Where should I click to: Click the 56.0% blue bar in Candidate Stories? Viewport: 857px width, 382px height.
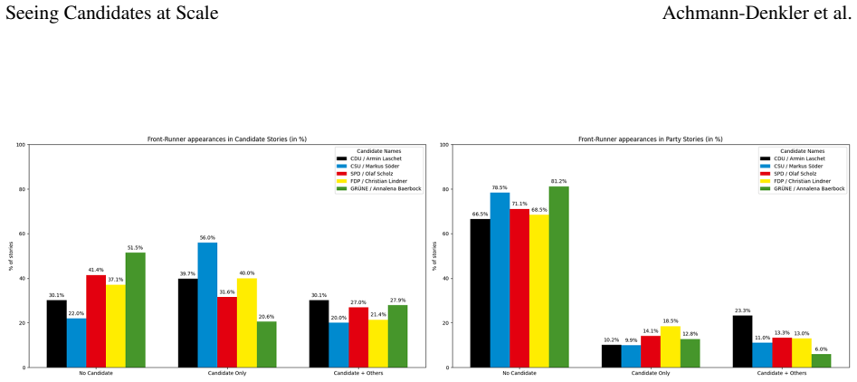tap(207, 305)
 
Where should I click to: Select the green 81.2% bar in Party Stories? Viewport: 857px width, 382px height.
tap(558, 277)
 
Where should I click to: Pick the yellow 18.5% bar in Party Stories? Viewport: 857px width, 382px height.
tap(671, 347)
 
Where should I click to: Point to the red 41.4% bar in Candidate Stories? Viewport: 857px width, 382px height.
tap(96, 321)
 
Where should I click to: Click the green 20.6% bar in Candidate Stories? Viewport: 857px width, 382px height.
tap(266, 344)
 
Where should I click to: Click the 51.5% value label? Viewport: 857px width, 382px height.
tap(135, 247)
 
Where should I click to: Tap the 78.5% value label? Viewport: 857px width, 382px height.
tap(500, 187)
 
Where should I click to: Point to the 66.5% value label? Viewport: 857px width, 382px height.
tap(480, 215)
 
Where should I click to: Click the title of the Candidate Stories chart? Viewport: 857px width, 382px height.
tap(227, 139)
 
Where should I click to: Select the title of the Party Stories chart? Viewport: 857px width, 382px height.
tap(651, 139)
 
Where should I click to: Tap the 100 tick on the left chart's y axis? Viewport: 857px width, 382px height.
tap(20, 145)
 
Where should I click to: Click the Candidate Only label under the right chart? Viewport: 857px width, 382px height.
tap(651, 373)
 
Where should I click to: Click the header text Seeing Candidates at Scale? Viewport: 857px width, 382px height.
tap(112, 13)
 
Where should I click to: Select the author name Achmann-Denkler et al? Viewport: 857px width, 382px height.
tap(757, 13)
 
